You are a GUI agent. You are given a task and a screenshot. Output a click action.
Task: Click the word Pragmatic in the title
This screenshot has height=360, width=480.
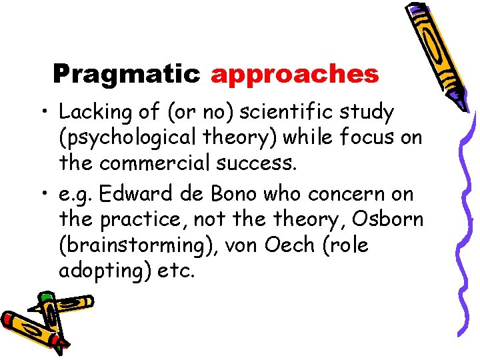pyautogui.click(x=126, y=74)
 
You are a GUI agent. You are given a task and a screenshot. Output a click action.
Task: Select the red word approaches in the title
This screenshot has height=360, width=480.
pyautogui.click(x=295, y=75)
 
